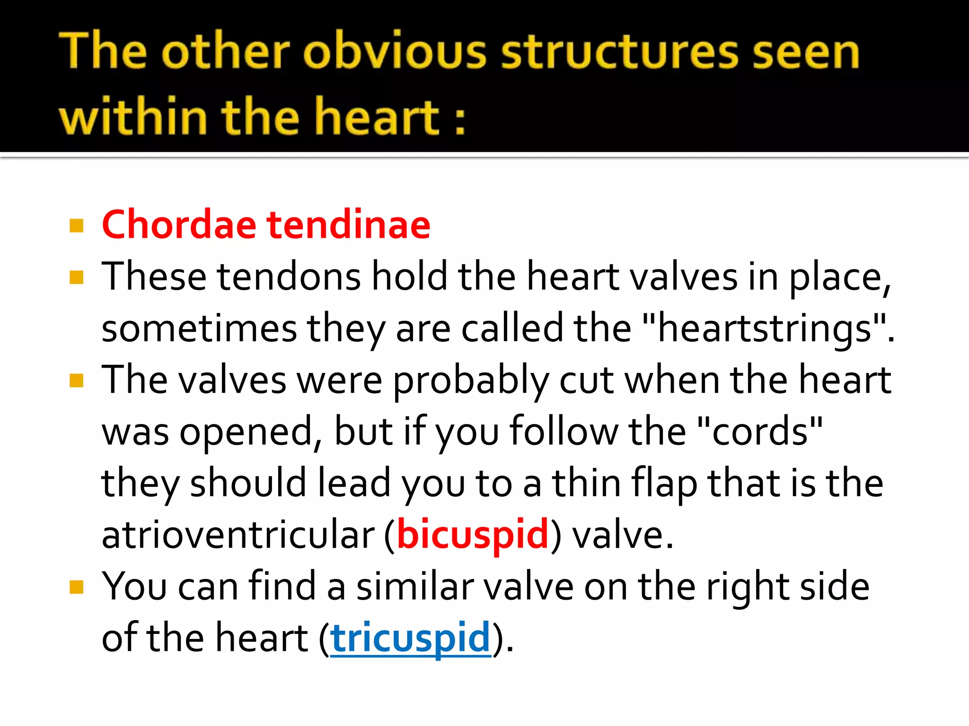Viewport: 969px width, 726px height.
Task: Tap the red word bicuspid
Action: [x=472, y=535]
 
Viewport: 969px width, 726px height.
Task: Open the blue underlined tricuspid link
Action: [x=411, y=638]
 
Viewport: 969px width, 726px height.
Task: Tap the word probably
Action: [x=471, y=380]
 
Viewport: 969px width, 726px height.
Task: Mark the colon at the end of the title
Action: [x=459, y=120]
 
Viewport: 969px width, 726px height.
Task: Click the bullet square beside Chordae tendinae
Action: [x=76, y=225]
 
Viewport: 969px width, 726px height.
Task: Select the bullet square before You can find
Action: [x=76, y=587]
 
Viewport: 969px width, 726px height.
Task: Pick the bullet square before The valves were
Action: [x=76, y=380]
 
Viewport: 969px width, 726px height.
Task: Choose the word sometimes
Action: [x=199, y=328]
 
